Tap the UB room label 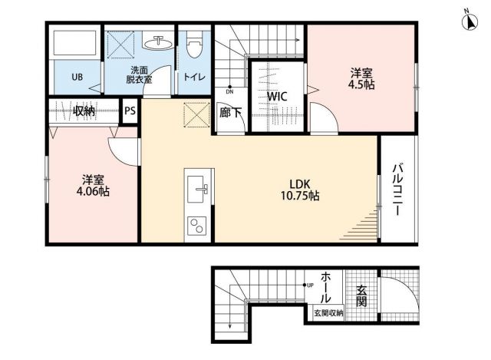coord(78,77)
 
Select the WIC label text coord(277,97)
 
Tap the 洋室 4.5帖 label coord(363,79)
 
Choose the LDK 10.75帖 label coord(300,189)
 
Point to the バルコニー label coord(399,189)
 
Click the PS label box coord(130,111)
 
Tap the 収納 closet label coord(84,111)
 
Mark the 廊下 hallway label coord(230,113)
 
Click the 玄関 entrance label coord(360,295)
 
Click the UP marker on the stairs coord(309,286)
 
